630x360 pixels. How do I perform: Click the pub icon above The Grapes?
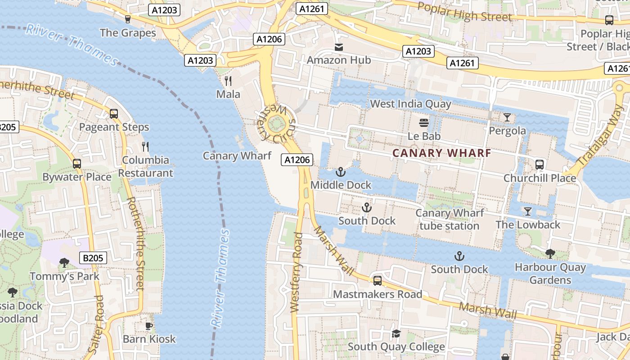127,19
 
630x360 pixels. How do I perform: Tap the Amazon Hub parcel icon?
338,47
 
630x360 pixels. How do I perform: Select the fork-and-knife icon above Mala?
228,81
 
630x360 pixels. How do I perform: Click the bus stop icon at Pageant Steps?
114,114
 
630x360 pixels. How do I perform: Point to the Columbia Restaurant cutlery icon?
145,147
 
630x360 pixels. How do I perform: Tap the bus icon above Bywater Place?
77,164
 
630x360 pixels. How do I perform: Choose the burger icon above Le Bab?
424,122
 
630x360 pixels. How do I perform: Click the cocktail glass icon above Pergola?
507,117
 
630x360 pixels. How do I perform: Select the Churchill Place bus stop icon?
540,165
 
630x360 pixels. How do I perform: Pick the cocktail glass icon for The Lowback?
528,211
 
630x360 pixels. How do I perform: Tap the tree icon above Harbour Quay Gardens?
550,254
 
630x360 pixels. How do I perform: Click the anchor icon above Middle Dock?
341,172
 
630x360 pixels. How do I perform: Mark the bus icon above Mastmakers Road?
378,281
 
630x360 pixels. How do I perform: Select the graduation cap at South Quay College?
396,333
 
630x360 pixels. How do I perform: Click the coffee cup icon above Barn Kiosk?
149,326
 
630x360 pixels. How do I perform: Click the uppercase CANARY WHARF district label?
441,153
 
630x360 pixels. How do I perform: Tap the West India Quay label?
410,104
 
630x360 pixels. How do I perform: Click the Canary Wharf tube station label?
449,219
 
